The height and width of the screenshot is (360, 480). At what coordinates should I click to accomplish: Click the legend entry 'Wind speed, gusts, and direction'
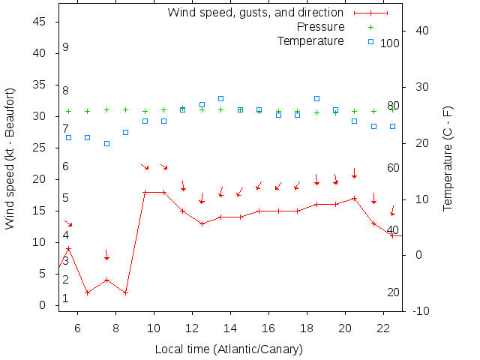pos(255,13)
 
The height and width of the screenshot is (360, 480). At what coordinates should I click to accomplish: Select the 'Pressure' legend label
pos(310,27)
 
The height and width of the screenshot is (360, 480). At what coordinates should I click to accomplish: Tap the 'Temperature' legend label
pos(310,40)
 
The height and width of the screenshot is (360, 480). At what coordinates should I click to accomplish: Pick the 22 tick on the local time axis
pos(383,328)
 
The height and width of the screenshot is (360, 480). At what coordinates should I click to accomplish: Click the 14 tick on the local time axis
pos(230,328)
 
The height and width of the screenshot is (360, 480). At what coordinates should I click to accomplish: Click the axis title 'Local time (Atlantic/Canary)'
pos(228,349)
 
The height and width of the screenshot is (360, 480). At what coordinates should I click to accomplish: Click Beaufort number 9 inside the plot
pos(66,47)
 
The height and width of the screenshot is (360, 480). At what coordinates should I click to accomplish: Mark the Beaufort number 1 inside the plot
pos(66,298)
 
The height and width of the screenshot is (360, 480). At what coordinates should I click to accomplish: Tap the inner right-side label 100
pos(390,43)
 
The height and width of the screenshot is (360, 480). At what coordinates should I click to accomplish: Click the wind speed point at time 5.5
pos(68,249)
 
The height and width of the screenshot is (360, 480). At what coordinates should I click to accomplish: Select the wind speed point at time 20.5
pos(354,198)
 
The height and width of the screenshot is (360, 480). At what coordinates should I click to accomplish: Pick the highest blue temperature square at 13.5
pos(220,98)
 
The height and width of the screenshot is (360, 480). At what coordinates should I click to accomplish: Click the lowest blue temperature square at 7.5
pos(106,143)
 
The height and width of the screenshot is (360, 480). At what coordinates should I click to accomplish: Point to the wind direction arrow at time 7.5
pos(106,256)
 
